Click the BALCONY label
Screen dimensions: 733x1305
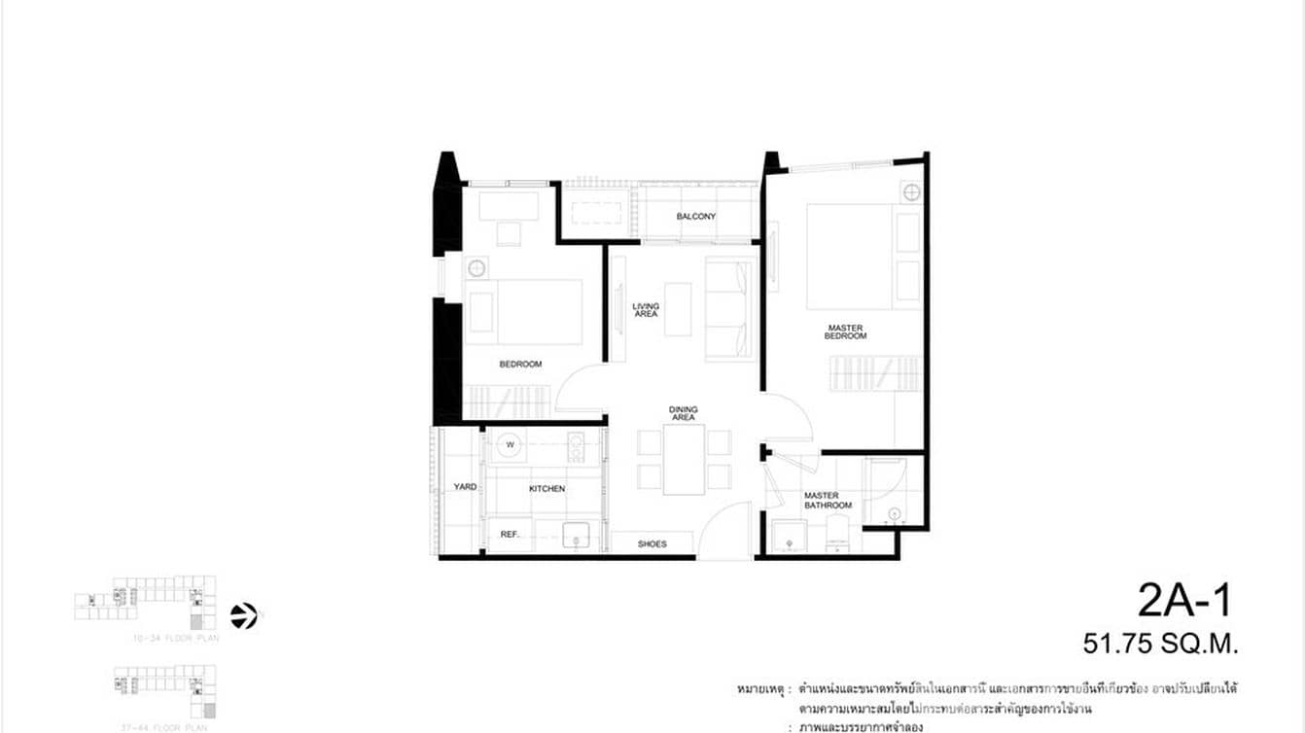(x=695, y=216)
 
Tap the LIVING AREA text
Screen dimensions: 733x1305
(x=646, y=310)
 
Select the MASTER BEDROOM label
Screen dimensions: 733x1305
(x=846, y=332)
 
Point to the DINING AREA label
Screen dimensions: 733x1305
(x=683, y=413)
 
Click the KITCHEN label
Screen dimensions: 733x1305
(x=547, y=488)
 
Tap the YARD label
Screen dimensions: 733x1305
(x=465, y=486)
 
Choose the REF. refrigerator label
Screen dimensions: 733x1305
(x=511, y=535)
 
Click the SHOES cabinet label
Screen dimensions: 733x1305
(x=652, y=543)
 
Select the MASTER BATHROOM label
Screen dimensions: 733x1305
(x=828, y=501)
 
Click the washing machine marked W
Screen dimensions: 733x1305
(x=509, y=445)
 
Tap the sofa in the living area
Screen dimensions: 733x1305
(x=730, y=310)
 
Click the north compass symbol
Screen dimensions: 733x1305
(x=244, y=615)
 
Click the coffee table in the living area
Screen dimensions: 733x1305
(x=678, y=309)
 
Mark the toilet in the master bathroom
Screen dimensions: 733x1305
(x=836, y=534)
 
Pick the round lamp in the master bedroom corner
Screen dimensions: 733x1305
(x=910, y=192)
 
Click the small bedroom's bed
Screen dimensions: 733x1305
(x=525, y=312)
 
